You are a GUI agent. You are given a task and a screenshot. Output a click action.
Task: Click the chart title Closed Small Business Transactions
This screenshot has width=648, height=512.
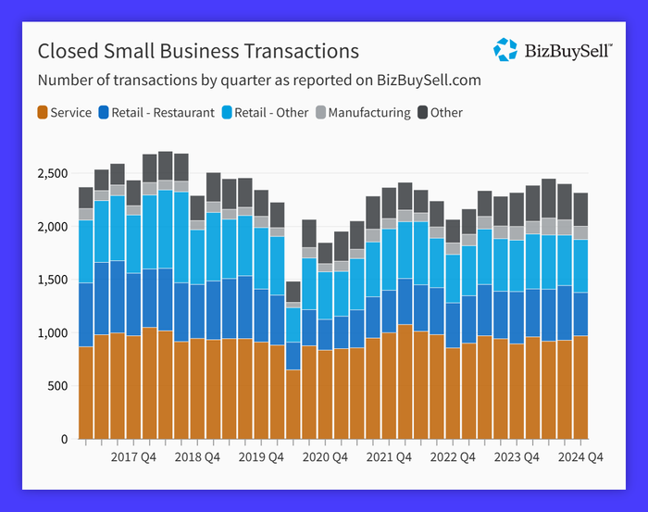[x=197, y=50]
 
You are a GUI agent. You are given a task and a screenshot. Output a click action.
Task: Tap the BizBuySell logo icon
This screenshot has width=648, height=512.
[x=505, y=50]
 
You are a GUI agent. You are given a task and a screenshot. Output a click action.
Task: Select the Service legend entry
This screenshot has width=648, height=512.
[x=64, y=113]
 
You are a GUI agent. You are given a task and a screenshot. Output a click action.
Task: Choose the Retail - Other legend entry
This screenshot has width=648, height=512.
[x=265, y=113]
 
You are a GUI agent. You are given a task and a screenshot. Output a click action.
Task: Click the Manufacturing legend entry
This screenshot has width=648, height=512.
[x=363, y=113]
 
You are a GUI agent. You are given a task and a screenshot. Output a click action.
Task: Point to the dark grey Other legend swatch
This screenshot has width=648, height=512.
[x=423, y=113]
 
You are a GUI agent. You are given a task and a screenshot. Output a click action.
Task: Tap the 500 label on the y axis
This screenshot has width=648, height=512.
[x=58, y=386]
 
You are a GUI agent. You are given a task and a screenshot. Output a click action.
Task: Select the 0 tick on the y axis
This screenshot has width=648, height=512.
[x=65, y=439]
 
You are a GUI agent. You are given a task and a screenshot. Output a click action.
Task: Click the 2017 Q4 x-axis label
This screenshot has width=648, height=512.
[x=133, y=456]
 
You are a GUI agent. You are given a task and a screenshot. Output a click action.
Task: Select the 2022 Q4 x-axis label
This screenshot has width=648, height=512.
[x=454, y=456]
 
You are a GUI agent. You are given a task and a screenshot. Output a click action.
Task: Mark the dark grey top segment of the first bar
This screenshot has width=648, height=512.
[x=86, y=197]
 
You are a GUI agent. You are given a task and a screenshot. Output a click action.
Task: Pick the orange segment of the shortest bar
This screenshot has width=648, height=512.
[x=293, y=404]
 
